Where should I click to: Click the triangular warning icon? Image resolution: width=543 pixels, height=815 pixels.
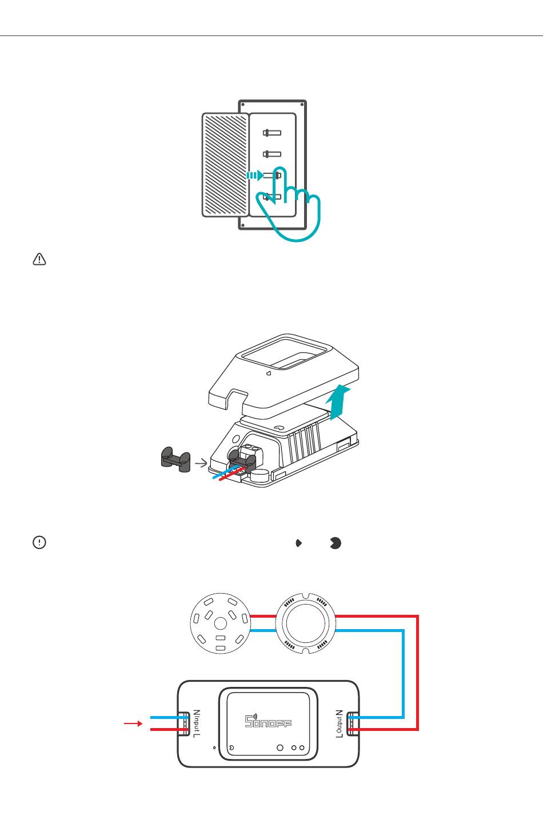click(x=39, y=260)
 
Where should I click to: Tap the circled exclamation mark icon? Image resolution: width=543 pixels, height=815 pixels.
click(x=39, y=543)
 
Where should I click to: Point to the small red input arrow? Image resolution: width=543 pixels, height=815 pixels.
click(x=133, y=724)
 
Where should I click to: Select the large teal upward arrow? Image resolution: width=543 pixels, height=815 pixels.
click(x=341, y=402)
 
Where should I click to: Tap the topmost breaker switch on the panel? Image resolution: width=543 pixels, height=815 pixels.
click(x=272, y=133)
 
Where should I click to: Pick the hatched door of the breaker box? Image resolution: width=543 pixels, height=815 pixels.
click(x=225, y=165)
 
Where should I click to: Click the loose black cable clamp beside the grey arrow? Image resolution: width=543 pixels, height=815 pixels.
click(x=174, y=460)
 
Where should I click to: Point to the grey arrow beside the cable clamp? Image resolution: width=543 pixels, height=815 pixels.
click(x=201, y=463)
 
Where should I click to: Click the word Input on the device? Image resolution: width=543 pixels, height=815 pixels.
click(x=197, y=723)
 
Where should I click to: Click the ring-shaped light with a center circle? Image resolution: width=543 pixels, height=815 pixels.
click(x=304, y=623)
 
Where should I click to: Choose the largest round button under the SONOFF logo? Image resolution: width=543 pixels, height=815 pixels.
click(x=280, y=748)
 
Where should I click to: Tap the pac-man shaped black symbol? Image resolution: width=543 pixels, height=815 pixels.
click(x=336, y=543)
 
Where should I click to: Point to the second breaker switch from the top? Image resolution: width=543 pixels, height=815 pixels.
click(x=272, y=154)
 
